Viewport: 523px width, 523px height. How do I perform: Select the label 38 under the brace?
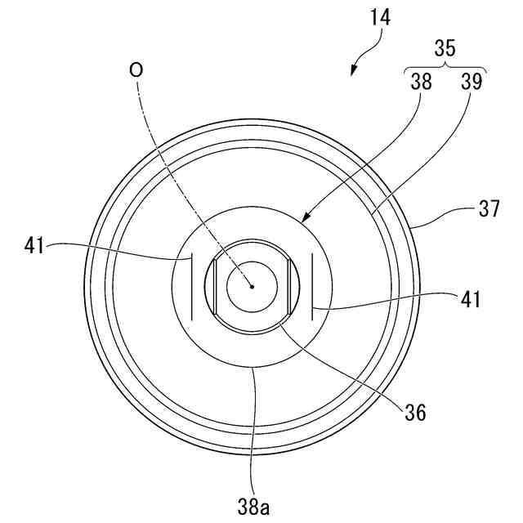[x=420, y=82]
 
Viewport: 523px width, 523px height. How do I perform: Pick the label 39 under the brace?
[x=472, y=82]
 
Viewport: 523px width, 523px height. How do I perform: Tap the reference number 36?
[x=415, y=413]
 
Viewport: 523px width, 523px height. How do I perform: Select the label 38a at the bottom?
[x=254, y=507]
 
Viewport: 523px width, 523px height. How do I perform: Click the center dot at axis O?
[x=253, y=286]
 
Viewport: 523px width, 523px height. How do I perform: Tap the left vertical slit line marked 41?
[x=191, y=286]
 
